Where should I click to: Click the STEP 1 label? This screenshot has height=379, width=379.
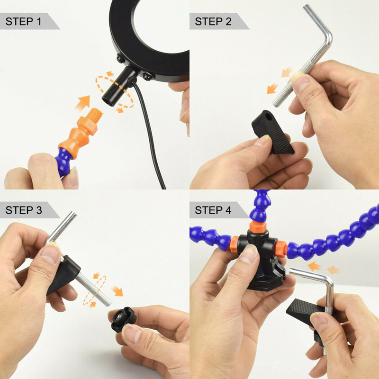coord(27,21)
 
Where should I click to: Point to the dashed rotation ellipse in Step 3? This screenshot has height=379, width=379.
coord(95,289)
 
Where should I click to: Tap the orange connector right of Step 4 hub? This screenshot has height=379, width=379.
coord(280,249)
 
